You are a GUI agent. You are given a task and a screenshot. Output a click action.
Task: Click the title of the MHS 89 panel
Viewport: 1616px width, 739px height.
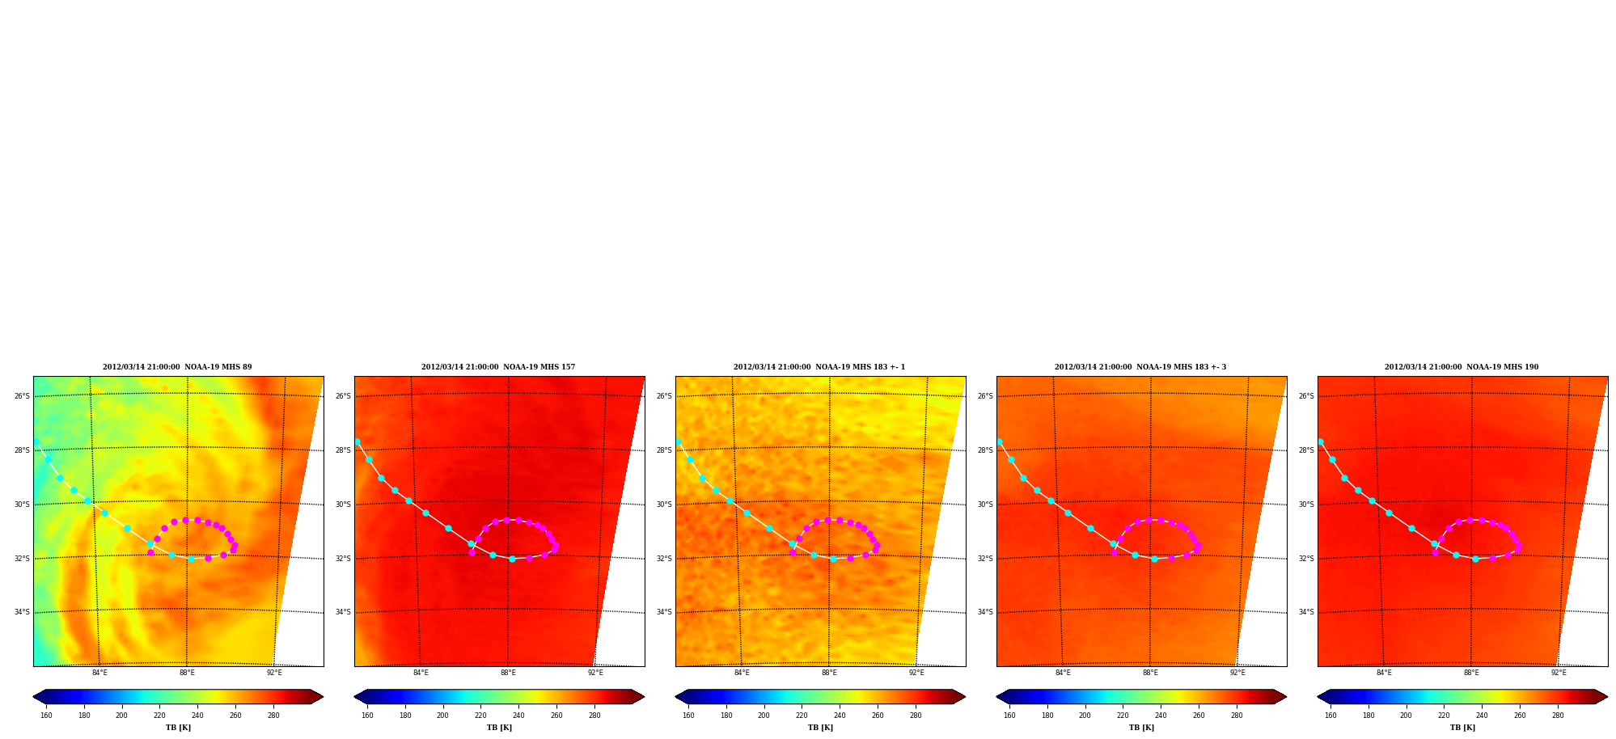coord(177,367)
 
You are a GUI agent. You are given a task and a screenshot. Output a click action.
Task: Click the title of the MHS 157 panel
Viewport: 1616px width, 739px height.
coord(498,367)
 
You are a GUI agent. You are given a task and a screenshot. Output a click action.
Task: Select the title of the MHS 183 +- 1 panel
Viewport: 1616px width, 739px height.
coord(819,367)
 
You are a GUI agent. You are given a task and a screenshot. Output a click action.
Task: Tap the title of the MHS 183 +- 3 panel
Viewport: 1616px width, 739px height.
coord(1140,367)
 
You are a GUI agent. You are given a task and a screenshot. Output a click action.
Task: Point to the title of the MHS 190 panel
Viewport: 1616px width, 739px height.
coord(1462,367)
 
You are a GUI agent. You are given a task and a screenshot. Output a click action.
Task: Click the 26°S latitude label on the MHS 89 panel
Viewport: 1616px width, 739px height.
coord(22,396)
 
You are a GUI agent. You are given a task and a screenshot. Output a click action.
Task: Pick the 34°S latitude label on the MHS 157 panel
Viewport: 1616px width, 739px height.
coord(343,612)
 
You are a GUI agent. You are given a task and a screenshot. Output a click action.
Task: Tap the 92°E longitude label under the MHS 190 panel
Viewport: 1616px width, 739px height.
coord(1559,673)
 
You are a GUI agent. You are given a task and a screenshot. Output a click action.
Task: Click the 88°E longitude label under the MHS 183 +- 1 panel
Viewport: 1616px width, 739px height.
coord(829,673)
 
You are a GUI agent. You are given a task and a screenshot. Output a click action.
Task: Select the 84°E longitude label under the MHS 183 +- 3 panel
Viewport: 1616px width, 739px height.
coord(1063,673)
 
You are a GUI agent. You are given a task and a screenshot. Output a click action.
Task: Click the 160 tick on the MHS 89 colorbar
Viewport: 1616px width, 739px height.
coord(46,716)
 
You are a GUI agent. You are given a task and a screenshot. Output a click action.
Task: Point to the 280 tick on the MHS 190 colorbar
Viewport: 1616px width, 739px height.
coord(1558,716)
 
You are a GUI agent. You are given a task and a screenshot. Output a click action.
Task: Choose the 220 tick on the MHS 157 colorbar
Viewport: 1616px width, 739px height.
coord(480,716)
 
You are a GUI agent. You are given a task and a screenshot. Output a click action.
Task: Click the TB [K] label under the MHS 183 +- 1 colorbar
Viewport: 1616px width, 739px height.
coord(820,728)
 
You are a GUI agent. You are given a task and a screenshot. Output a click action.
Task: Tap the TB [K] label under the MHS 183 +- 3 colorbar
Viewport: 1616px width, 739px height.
coord(1141,728)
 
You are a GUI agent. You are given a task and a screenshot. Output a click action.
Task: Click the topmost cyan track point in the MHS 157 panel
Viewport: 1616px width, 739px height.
coord(357,442)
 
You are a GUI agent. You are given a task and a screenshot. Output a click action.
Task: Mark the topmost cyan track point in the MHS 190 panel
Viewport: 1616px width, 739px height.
coord(1320,442)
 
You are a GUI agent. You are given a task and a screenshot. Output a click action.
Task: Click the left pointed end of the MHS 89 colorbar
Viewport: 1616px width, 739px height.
coord(34,697)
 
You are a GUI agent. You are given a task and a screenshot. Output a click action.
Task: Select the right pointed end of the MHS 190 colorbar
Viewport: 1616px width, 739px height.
coord(1606,697)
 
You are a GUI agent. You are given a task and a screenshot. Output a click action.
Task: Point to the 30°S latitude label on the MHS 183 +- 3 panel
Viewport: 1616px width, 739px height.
coord(985,505)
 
